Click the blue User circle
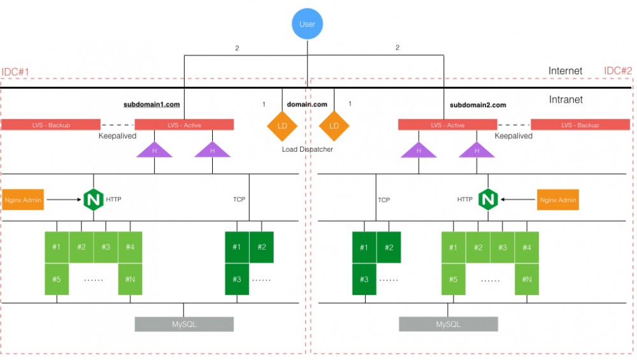pos(308,24)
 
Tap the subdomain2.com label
pos(478,105)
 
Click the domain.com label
pos(307,104)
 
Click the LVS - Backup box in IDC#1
pos(51,125)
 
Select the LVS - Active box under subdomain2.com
pos(447,125)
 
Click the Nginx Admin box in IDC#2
pos(558,199)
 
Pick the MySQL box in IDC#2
pos(448,324)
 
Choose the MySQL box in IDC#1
pos(183,324)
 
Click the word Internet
pos(565,71)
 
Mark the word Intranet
pos(566,99)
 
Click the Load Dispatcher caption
pos(308,149)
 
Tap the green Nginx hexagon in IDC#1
pos(93,199)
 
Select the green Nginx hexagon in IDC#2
pos(488,199)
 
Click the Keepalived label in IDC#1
pos(117,136)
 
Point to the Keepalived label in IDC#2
pos(513,136)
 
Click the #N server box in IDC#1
pos(130,279)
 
